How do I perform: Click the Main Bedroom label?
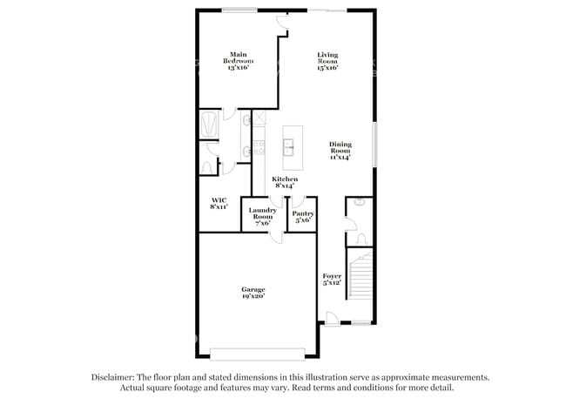pyautogui.click(x=238, y=61)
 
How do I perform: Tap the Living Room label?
pyautogui.click(x=327, y=61)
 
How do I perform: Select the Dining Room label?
pyautogui.click(x=340, y=151)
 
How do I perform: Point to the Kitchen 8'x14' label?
pyautogui.click(x=285, y=182)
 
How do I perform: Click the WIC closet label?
pyautogui.click(x=219, y=203)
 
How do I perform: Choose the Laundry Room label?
pyautogui.click(x=262, y=216)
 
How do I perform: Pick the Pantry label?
pyautogui.click(x=303, y=216)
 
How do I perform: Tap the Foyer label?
pyautogui.click(x=332, y=279)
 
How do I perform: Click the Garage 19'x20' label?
pyautogui.click(x=253, y=293)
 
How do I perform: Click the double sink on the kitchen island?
pyautogui.click(x=288, y=146)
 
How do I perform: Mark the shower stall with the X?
pyautogui.click(x=259, y=119)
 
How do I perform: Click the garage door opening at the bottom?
pyautogui.click(x=258, y=353)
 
